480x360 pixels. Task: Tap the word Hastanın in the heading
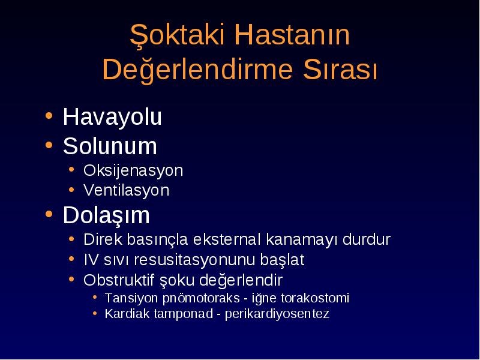[292, 34]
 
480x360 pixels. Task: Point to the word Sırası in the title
[340, 69]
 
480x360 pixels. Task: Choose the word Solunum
[110, 146]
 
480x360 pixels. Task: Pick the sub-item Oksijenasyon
[133, 171]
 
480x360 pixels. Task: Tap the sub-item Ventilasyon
[127, 190]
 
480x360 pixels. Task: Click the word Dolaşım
[106, 215]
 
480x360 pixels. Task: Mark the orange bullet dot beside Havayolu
[49, 116]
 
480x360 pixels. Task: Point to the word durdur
[367, 239]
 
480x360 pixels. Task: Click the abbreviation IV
[92, 260]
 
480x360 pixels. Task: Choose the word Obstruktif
[119, 280]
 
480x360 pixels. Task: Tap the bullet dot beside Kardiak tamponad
[95, 313]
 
